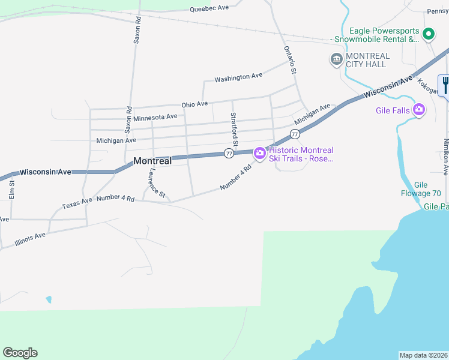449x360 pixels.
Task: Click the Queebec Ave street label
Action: (x=209, y=8)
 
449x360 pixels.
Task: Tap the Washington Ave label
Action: (x=238, y=77)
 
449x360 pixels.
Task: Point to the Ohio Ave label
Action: (x=194, y=104)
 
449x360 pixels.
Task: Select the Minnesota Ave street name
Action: (x=155, y=118)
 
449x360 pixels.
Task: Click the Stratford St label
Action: (x=235, y=130)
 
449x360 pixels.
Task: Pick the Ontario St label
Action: (x=291, y=60)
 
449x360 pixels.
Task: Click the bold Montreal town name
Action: (x=152, y=161)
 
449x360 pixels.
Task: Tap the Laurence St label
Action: (x=157, y=183)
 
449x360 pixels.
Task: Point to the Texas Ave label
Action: (x=77, y=203)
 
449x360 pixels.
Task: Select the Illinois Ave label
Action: (x=31, y=239)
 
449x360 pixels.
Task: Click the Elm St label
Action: (x=11, y=190)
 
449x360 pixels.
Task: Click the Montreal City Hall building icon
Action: (x=336, y=59)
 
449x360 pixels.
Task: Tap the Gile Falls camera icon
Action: (x=419, y=110)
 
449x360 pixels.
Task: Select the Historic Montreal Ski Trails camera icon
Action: (x=260, y=154)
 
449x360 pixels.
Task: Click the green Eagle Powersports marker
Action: (x=428, y=34)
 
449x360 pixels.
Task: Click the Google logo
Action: (x=20, y=353)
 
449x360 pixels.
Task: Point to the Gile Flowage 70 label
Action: (x=421, y=189)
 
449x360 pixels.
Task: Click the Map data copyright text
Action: (x=423, y=355)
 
